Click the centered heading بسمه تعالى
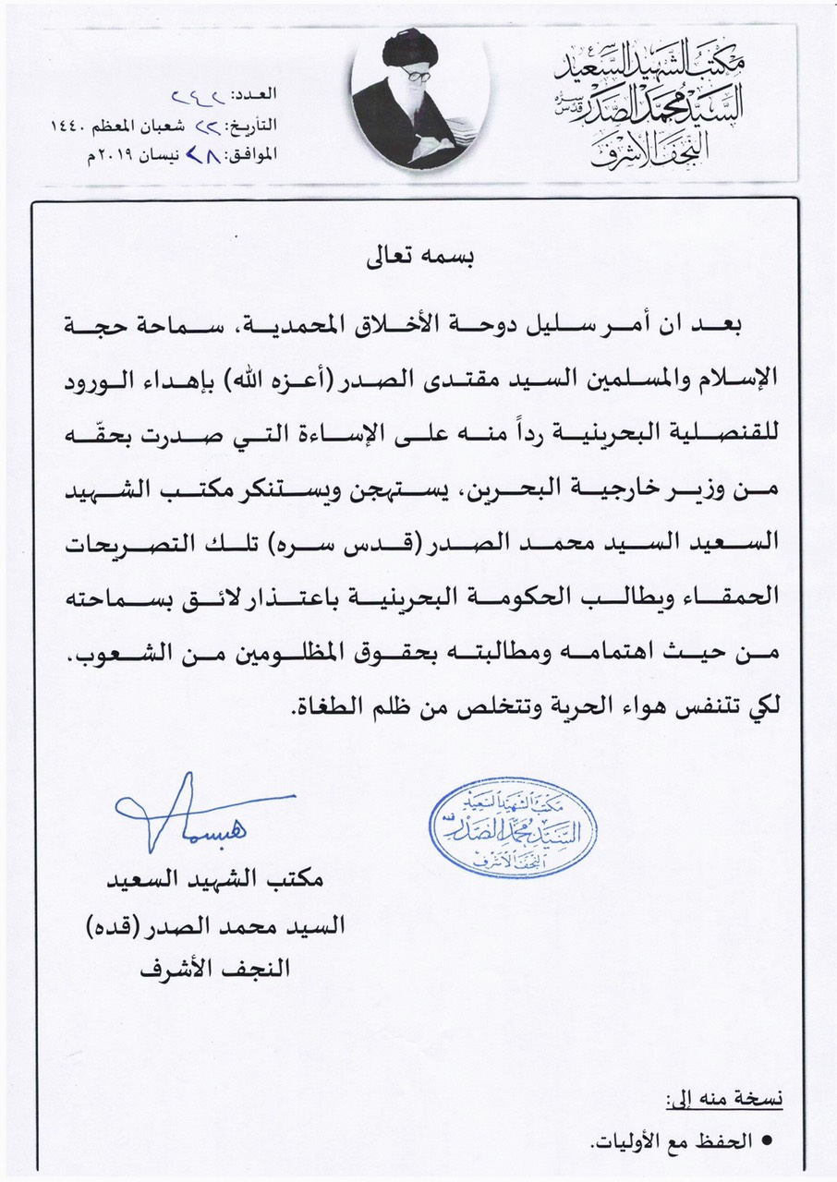[419, 258]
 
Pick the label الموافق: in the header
[249, 153]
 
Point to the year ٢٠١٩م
[70, 153]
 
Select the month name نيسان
[126, 153]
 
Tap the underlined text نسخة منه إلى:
[726, 1099]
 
